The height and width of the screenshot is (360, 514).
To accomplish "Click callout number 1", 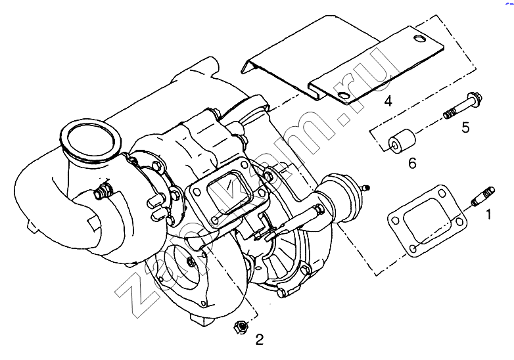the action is coord(488,215).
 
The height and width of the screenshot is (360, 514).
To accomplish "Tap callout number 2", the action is coord(259,340).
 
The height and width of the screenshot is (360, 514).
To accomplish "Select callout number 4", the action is coord(388,101).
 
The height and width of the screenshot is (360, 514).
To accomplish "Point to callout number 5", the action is coord(465,127).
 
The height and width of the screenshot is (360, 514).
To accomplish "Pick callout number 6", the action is coord(412,163).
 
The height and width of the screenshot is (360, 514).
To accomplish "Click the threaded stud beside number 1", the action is coord(483,196).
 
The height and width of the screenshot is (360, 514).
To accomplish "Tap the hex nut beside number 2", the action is coord(241,326).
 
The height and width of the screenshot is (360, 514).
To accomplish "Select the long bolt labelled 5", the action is coord(463,106).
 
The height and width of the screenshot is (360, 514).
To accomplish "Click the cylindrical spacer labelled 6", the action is coord(402,141).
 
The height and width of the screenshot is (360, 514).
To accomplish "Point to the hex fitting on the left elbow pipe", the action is coord(103,192).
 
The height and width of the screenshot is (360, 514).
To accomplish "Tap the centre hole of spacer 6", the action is coord(394,145).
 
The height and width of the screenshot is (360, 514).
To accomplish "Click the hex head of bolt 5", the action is coord(475,98).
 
